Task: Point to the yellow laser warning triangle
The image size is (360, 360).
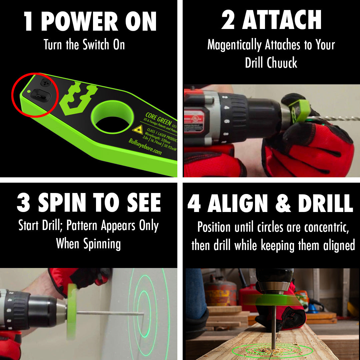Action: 137,130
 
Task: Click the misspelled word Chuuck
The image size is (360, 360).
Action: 285,63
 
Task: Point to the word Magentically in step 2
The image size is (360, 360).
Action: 234,45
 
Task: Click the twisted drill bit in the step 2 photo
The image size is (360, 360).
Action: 337,118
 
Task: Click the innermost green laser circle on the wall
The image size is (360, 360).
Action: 144,308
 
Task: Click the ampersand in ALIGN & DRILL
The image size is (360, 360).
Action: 283,203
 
